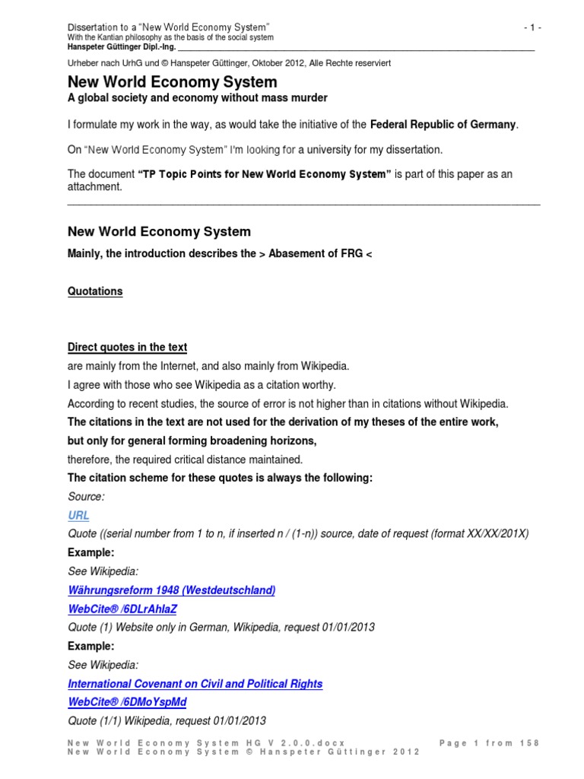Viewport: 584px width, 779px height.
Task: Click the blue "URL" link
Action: point(78,515)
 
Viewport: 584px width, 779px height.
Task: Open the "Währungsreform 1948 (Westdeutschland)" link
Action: point(171,590)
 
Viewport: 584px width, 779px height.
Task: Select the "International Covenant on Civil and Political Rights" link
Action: point(195,684)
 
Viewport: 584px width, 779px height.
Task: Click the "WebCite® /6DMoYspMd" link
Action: point(127,702)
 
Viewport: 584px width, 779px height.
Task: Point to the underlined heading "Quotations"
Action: point(95,291)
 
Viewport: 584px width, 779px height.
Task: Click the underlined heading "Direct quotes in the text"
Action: point(127,348)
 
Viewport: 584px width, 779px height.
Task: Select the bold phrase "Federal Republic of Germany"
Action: point(443,124)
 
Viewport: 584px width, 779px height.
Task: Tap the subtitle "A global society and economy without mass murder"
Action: point(198,98)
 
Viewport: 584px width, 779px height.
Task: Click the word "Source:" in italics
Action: point(86,497)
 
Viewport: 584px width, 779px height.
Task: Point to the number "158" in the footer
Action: point(529,743)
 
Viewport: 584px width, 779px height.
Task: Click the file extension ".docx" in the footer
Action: point(330,743)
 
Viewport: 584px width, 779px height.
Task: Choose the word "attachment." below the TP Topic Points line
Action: point(94,186)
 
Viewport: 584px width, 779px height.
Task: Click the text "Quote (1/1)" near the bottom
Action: point(95,721)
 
